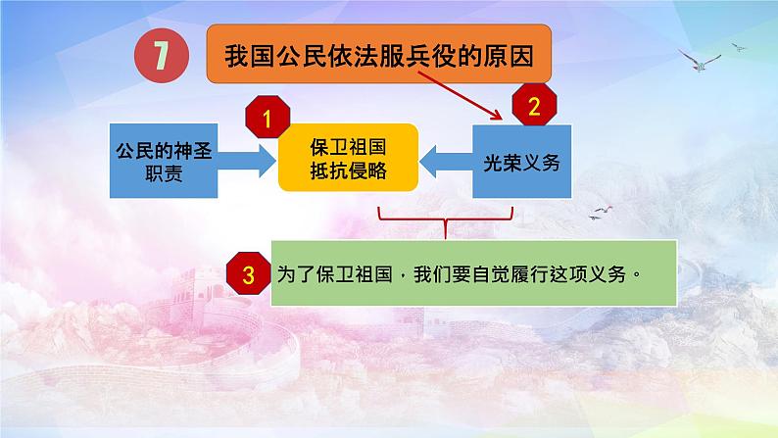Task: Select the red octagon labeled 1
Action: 264,121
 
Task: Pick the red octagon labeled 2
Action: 534,109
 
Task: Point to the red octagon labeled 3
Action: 248,275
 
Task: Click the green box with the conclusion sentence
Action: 461,274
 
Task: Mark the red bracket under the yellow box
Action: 445,221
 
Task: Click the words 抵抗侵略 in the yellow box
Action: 348,170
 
